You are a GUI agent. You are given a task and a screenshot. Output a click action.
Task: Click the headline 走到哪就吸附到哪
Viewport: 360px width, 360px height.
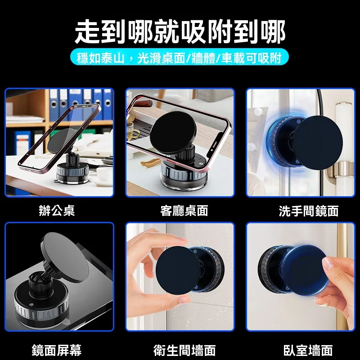[x=180, y=31]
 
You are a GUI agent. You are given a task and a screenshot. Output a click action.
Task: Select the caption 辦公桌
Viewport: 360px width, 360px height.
[x=57, y=210]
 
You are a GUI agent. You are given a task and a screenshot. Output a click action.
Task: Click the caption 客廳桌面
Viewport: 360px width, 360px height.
[x=184, y=211]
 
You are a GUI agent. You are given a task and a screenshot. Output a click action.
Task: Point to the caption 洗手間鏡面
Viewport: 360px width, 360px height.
[x=309, y=211]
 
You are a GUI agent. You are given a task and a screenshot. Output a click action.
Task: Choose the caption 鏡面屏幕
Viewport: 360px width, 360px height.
[x=57, y=350]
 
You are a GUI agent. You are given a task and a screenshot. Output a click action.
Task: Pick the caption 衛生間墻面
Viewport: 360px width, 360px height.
[x=184, y=350]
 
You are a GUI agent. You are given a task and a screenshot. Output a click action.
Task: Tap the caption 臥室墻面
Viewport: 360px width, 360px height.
[x=308, y=350]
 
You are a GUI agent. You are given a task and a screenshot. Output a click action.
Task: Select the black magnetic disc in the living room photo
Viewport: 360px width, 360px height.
[x=173, y=132]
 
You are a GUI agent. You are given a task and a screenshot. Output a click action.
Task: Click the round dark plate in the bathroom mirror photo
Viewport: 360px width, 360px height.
[x=319, y=142]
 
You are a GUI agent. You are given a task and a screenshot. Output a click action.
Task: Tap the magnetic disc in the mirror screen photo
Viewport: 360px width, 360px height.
[x=65, y=257]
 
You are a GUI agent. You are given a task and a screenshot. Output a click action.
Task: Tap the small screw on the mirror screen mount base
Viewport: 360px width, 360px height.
[x=31, y=305]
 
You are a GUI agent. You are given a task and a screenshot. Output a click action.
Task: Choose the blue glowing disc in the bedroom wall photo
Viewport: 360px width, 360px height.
[x=304, y=271]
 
